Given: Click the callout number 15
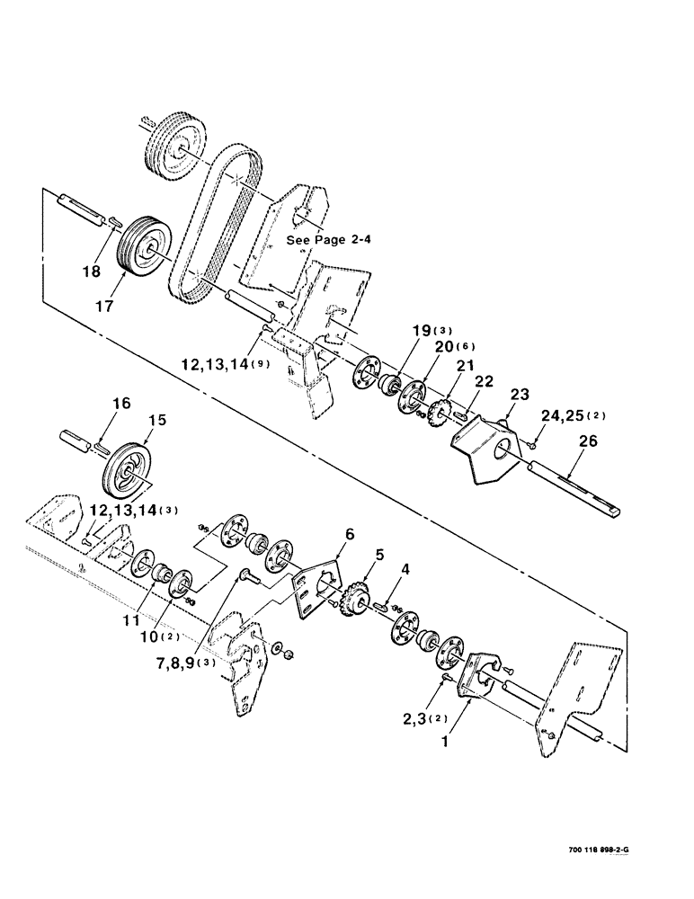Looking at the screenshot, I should click(x=156, y=421).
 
